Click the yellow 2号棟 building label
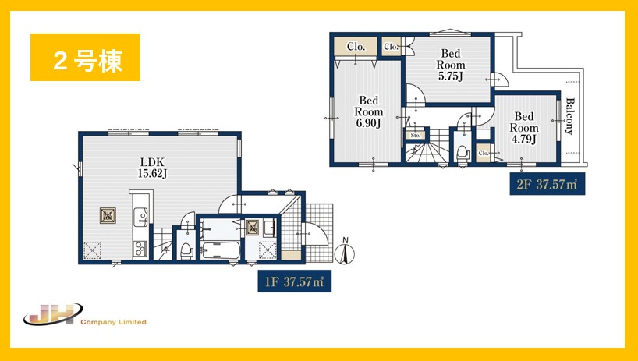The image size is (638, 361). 86,58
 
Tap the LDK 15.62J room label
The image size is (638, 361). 152,168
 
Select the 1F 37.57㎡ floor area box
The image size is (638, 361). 295,281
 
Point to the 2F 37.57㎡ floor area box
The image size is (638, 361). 548,184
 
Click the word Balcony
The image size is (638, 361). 569,116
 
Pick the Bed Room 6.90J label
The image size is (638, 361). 369,111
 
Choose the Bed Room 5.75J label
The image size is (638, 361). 451,65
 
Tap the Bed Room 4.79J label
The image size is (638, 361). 524,128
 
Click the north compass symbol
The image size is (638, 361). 345,251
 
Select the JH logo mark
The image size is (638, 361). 53,314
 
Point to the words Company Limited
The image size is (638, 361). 113,322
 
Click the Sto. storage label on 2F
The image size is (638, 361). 416,135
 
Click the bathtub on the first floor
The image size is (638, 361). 221,250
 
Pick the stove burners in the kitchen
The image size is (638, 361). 140,249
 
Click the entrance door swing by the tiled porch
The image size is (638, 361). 316,234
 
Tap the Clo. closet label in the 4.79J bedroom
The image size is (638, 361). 484,154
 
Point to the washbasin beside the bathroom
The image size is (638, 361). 269,228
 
